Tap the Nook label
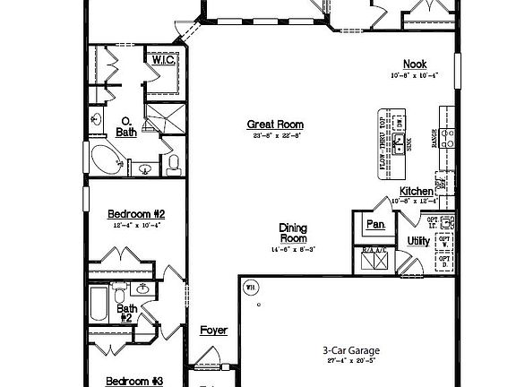[414, 64]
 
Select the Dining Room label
[293, 233]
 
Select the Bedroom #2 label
[136, 213]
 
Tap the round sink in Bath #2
[143, 289]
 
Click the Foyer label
[213, 331]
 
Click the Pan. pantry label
[374, 224]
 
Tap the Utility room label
[418, 241]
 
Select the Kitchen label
[417, 192]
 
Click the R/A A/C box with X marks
[374, 260]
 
